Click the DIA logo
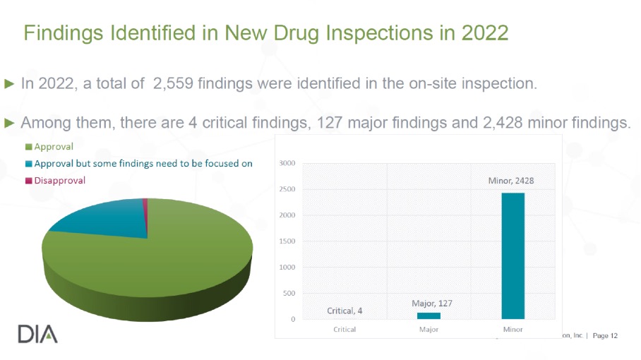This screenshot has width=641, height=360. tap(37, 333)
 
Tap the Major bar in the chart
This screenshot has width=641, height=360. tap(429, 316)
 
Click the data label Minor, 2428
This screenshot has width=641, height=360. tap(511, 181)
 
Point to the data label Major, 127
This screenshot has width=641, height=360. tap(431, 303)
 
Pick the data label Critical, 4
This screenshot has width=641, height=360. tap(345, 311)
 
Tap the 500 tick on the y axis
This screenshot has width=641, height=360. tap(288, 294)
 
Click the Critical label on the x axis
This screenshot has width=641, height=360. tap(345, 329)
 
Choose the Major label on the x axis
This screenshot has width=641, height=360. tap(429, 329)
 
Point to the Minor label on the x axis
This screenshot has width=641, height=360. tap(513, 329)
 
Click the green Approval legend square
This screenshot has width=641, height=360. tap(28, 147)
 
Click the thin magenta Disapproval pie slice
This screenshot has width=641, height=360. tap(145, 205)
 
